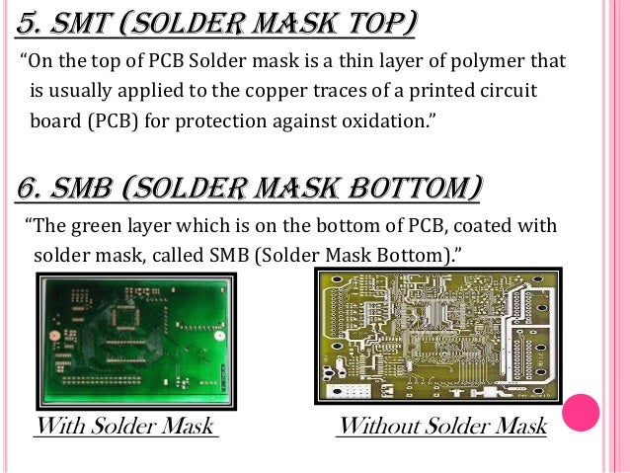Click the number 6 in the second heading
(27, 187)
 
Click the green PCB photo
(136, 335)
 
